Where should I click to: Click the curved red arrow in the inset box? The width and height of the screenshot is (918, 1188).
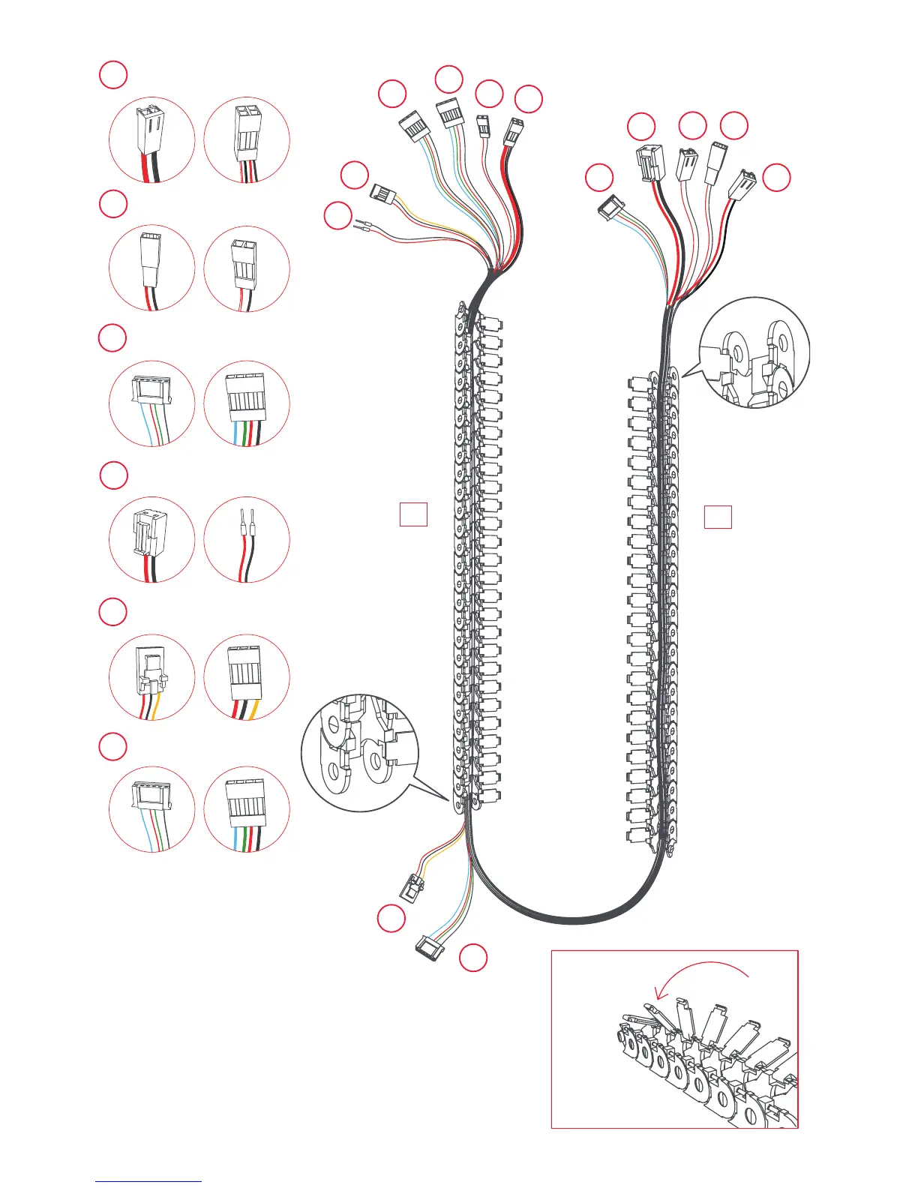(x=702, y=973)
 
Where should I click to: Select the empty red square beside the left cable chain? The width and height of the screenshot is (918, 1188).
(x=413, y=514)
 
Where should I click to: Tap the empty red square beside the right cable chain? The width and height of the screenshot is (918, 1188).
(x=718, y=517)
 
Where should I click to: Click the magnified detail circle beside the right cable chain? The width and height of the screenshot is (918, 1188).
(x=754, y=352)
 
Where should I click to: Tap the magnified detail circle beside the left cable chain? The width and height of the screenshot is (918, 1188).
(x=360, y=752)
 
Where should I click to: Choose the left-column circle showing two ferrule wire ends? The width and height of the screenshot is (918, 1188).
(x=247, y=539)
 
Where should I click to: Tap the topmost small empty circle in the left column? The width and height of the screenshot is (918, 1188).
(x=113, y=75)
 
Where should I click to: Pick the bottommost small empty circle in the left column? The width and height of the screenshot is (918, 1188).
(x=113, y=746)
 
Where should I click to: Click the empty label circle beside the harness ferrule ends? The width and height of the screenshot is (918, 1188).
(x=338, y=217)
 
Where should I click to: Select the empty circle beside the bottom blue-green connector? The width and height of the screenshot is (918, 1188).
(x=473, y=958)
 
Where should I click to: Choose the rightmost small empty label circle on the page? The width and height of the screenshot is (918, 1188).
(x=777, y=178)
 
